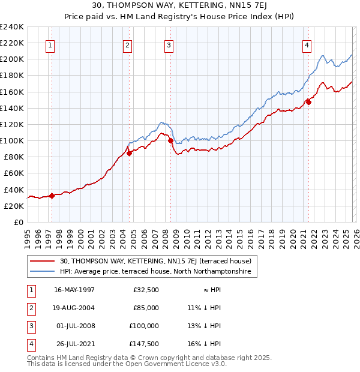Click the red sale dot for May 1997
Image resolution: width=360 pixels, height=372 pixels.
[52, 195]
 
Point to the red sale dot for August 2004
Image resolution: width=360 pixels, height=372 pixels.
[129, 153]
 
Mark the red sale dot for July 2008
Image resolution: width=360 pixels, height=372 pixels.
[170, 141]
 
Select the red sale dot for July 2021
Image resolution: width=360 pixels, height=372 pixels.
[308, 102]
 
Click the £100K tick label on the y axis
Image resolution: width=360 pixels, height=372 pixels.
[12, 140]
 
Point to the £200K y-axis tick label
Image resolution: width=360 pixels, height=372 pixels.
[12, 59]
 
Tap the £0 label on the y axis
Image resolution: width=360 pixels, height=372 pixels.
[19, 222]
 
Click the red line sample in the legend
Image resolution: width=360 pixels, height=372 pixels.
[43, 261]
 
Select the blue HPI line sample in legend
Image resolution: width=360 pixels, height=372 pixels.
[43, 272]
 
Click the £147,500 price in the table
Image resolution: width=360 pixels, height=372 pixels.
[145, 344]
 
